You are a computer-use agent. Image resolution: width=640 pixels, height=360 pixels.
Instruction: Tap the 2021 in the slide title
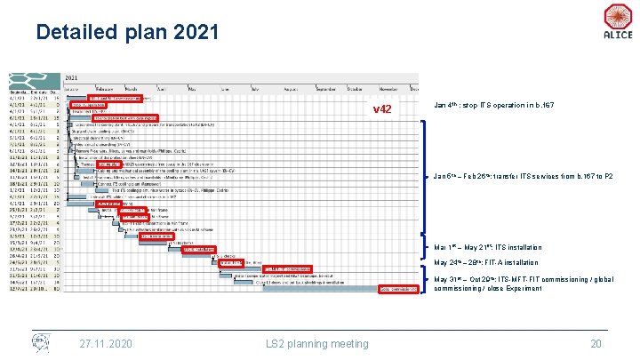pyautogui.click(x=190, y=33)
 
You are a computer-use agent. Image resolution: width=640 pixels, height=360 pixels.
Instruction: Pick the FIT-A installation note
pyautogui.click(x=485, y=262)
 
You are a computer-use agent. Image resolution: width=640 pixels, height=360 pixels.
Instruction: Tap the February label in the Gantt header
pyautogui.click(x=102, y=89)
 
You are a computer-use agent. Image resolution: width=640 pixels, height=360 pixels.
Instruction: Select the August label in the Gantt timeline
pyautogui.click(x=287, y=89)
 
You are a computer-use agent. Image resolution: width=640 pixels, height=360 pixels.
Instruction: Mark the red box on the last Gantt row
pyautogui.click(x=398, y=289)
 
